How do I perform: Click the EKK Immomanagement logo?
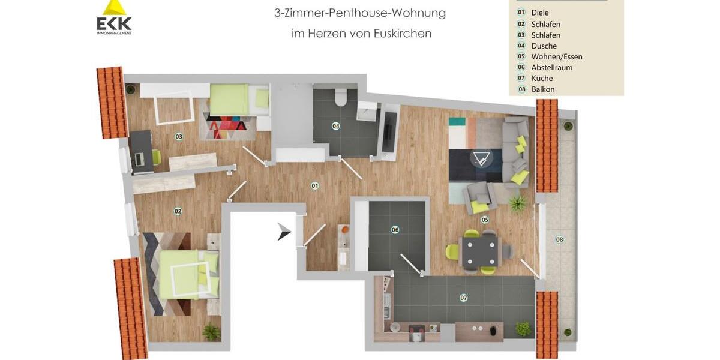[x=114, y=18]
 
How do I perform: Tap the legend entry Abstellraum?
[x=551, y=67]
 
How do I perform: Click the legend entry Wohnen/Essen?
[x=556, y=56]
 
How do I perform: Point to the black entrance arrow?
[x=284, y=232]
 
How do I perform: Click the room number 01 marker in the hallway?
[x=315, y=186]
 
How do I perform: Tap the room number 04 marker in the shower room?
[x=336, y=126]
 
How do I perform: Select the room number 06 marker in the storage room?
[x=395, y=230]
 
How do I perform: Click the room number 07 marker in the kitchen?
[x=463, y=298]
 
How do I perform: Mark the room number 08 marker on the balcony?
[x=559, y=239]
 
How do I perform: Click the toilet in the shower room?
[x=341, y=98]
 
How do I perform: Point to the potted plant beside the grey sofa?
[x=517, y=203]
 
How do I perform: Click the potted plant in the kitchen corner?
[x=523, y=329]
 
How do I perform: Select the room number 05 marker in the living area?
[x=485, y=220]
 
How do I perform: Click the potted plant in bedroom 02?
[x=211, y=331]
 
